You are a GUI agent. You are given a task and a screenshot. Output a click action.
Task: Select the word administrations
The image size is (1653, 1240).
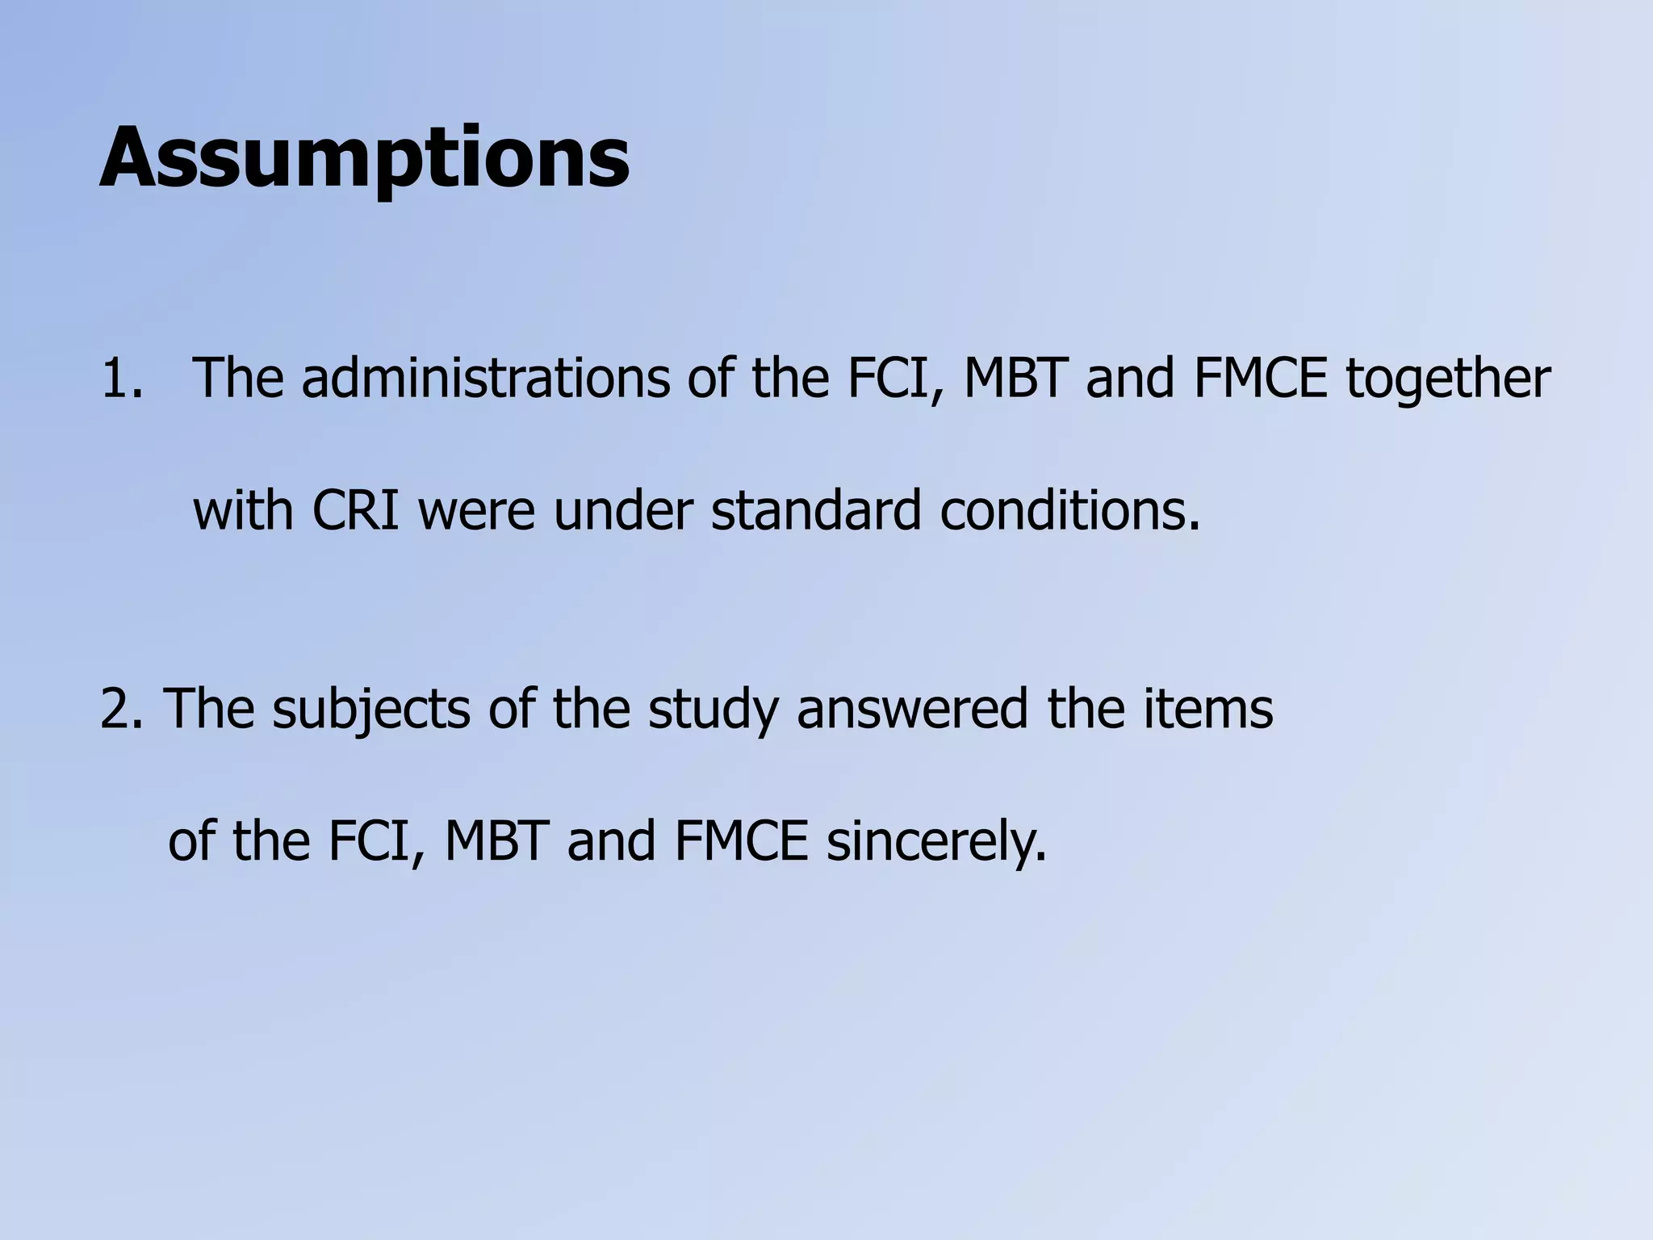pos(485,379)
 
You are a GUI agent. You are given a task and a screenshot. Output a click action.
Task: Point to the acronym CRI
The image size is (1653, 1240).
pos(356,511)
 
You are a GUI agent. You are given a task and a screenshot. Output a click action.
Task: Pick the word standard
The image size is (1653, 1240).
pos(816,511)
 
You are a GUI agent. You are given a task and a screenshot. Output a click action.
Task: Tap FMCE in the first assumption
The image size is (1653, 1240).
pos(1260,379)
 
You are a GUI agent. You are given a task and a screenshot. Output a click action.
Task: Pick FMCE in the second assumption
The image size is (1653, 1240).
pos(740,841)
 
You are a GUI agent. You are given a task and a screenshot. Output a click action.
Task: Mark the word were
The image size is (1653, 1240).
pos(476,511)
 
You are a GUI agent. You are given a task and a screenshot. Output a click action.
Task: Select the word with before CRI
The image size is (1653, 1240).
pos(244,511)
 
